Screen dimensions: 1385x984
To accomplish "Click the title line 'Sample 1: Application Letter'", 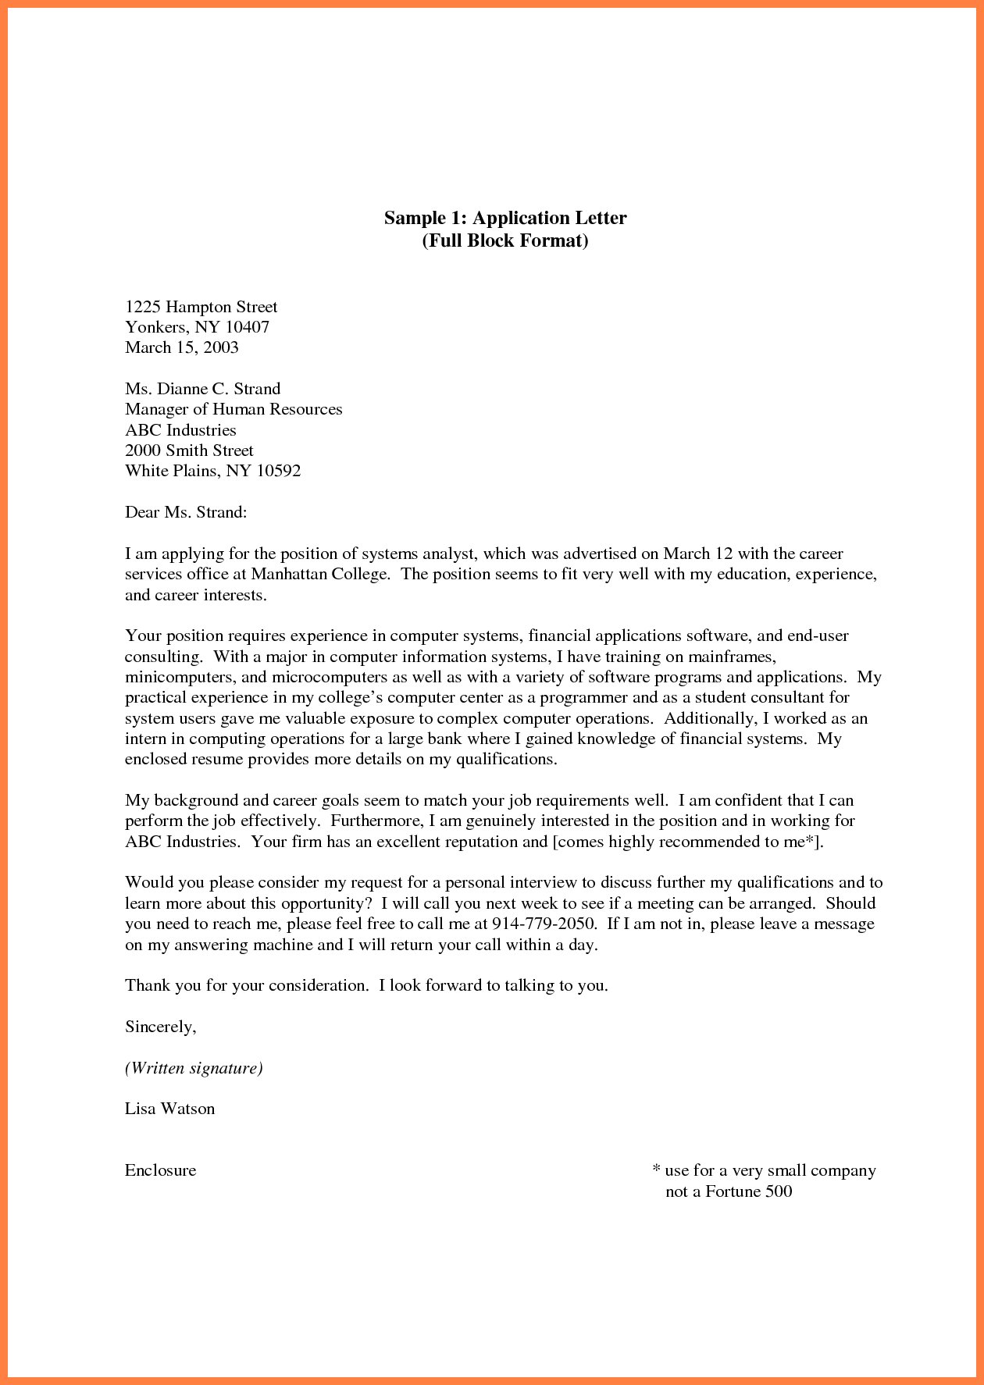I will click(504, 218).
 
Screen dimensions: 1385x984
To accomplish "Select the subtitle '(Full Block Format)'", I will click(504, 240).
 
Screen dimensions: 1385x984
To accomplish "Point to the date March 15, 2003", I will click(181, 347).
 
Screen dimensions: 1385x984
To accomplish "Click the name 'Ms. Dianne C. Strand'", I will click(202, 389).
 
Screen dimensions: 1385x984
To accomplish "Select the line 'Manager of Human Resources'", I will click(234, 409).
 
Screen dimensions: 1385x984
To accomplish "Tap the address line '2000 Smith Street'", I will click(189, 450).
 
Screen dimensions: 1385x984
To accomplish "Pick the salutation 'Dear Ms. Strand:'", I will click(186, 512).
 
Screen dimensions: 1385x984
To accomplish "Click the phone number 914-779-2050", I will click(544, 924).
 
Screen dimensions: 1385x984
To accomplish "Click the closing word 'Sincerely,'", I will click(160, 1027).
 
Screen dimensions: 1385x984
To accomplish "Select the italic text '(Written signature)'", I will click(194, 1068).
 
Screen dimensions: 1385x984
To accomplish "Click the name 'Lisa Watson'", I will click(169, 1109).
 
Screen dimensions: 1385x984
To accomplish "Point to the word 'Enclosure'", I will click(160, 1170).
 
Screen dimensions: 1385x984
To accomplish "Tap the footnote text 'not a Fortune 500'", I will click(728, 1191).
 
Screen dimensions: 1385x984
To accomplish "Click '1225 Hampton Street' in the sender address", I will click(201, 307).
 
